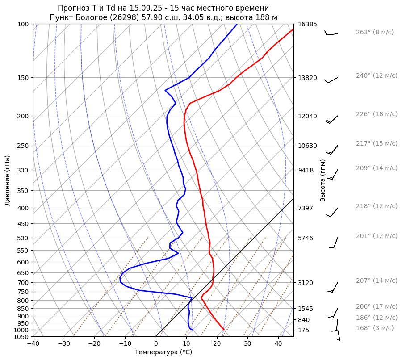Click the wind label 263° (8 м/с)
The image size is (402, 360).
click(x=374, y=32)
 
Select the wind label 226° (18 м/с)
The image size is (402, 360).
click(x=377, y=114)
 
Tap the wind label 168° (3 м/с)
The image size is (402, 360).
click(x=375, y=328)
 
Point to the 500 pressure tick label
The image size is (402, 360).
click(x=23, y=238)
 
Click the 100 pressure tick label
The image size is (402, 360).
click(x=23, y=24)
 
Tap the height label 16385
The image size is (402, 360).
click(x=308, y=24)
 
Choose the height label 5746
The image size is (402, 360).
click(x=306, y=238)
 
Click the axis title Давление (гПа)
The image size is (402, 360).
click(x=8, y=180)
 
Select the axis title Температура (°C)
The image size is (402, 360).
click(x=163, y=352)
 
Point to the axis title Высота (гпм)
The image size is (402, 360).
click(x=323, y=180)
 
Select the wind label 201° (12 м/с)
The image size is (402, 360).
click(x=377, y=236)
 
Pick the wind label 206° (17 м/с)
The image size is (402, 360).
click(x=377, y=306)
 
